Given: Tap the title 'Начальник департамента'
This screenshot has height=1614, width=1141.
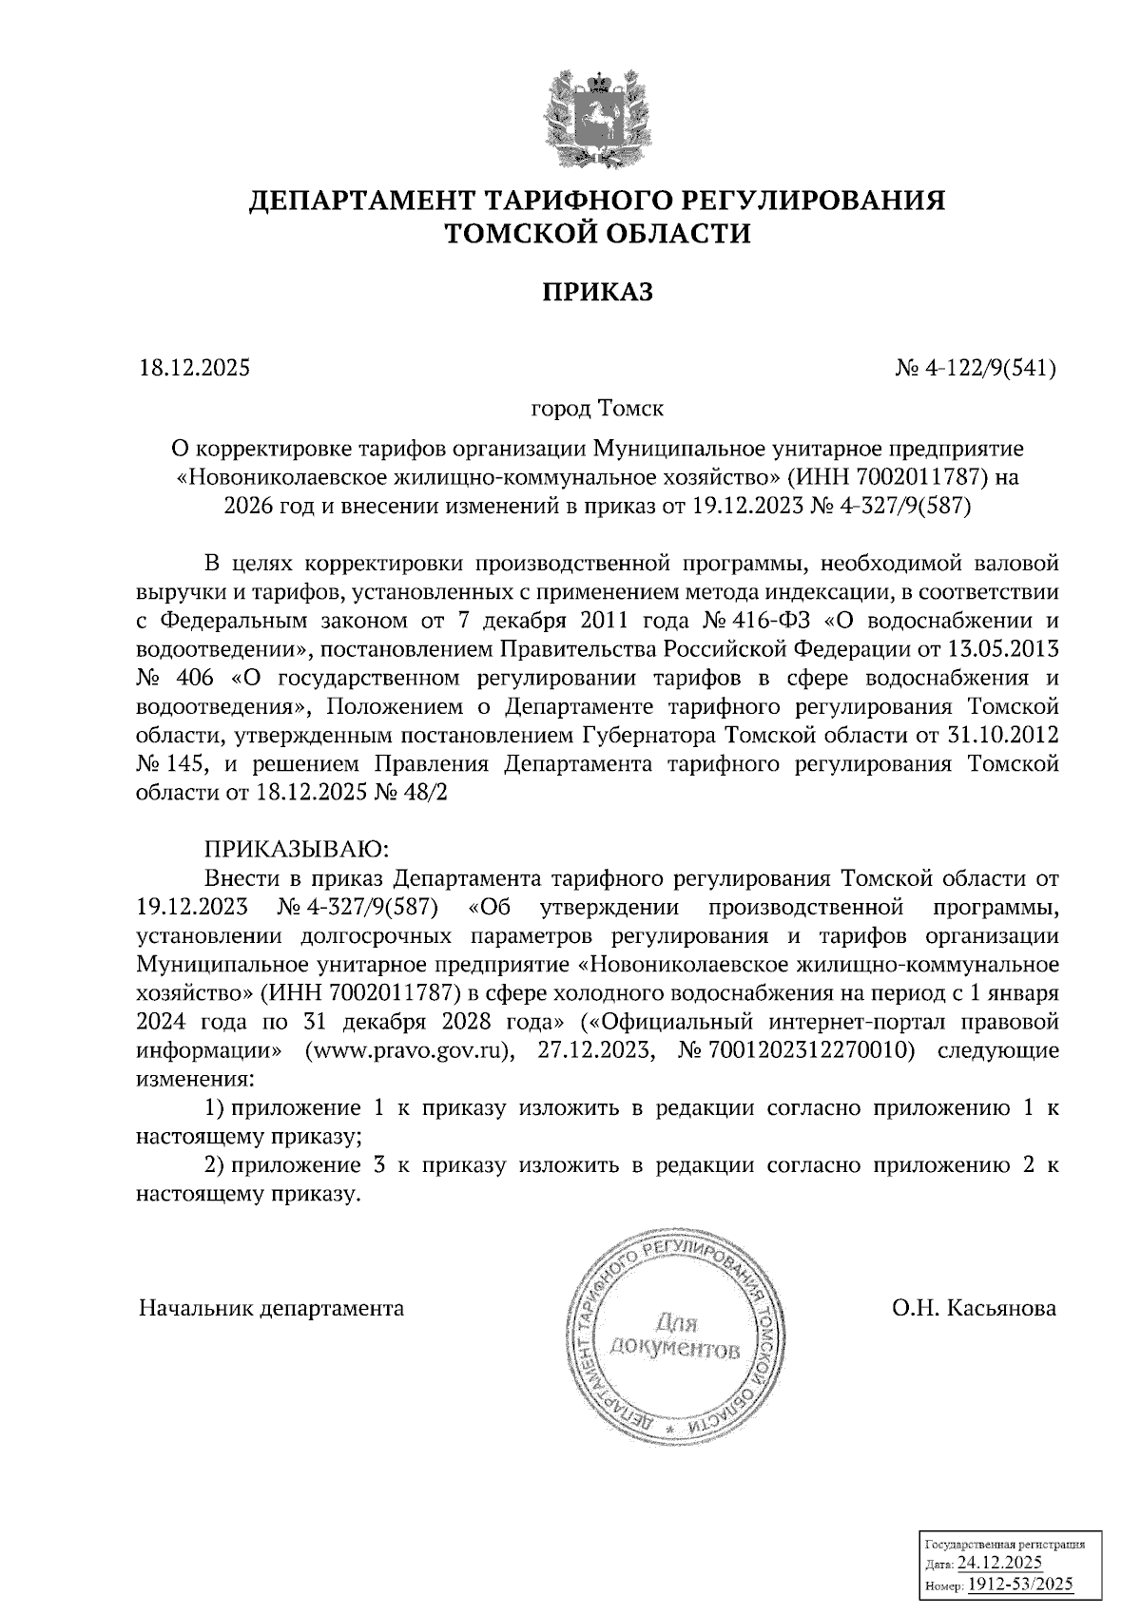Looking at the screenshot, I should pyautogui.click(x=271, y=1308).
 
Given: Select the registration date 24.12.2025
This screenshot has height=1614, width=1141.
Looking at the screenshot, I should pyautogui.click(x=999, y=1565).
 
